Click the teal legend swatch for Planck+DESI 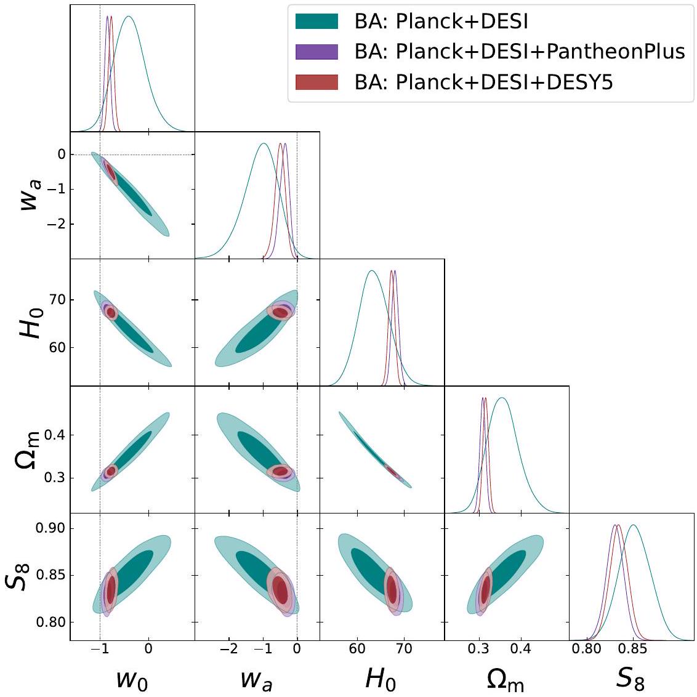tap(316, 22)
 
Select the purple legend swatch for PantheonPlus tap(316, 52)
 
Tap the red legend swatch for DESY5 tap(316, 82)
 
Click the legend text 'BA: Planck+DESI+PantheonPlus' tap(520, 52)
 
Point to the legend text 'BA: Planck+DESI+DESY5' tap(484, 82)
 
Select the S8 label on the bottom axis tap(631, 678)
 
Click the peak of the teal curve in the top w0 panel tap(129, 16)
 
